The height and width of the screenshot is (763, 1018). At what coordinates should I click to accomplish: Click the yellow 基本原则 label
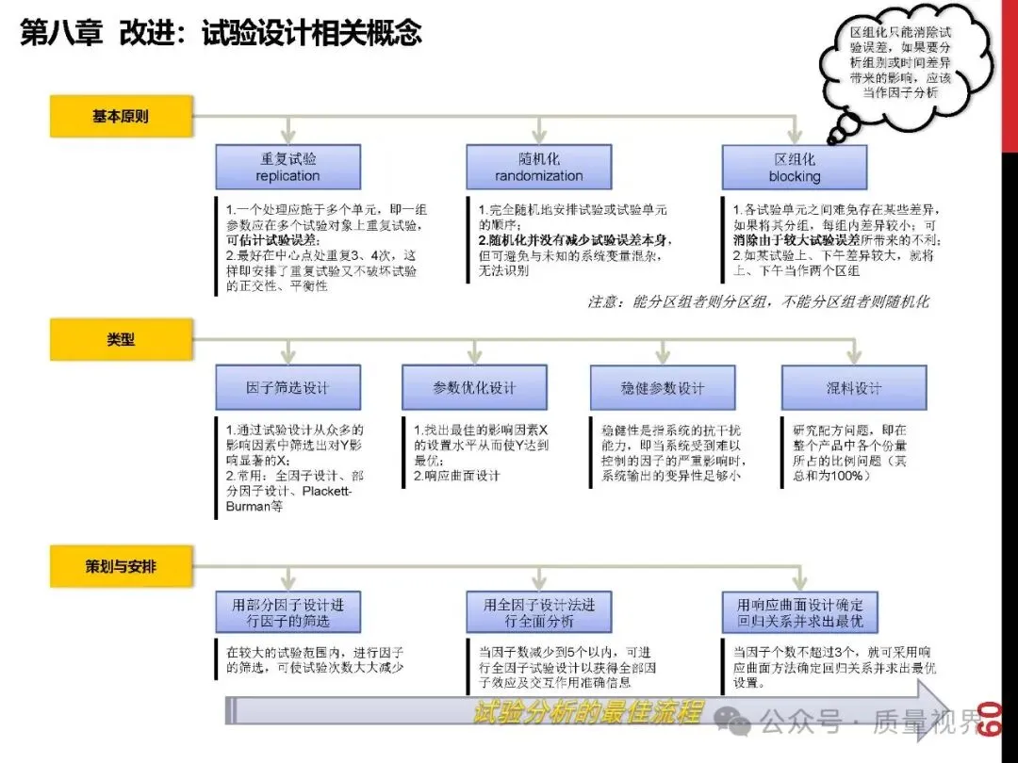coord(121,118)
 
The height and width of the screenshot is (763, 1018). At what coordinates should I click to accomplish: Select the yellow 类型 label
coord(121,339)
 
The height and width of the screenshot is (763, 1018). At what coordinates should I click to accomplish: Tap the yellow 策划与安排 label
coord(121,567)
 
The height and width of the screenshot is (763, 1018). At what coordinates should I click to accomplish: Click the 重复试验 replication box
coord(287,168)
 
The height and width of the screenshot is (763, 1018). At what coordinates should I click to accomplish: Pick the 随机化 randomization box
coord(539,168)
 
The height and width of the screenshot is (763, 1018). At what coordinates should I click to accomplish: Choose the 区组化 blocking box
coord(795,168)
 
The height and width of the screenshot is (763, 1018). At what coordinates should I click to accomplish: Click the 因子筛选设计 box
coord(287,388)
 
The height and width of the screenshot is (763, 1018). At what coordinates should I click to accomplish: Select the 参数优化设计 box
coord(474,388)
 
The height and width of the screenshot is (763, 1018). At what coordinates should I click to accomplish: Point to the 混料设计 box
coord(853,388)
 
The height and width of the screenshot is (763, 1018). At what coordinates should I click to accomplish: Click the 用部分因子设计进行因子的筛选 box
coord(287,612)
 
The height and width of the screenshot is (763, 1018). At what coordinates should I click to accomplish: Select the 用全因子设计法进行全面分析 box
coord(539,612)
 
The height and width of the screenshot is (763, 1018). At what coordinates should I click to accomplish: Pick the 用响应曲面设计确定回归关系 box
coord(799,612)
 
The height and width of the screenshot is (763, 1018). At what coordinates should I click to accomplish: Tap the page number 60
coord(989,721)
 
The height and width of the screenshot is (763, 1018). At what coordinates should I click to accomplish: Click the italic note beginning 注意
coord(759,302)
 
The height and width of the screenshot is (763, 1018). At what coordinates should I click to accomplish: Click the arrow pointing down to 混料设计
coord(853,351)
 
